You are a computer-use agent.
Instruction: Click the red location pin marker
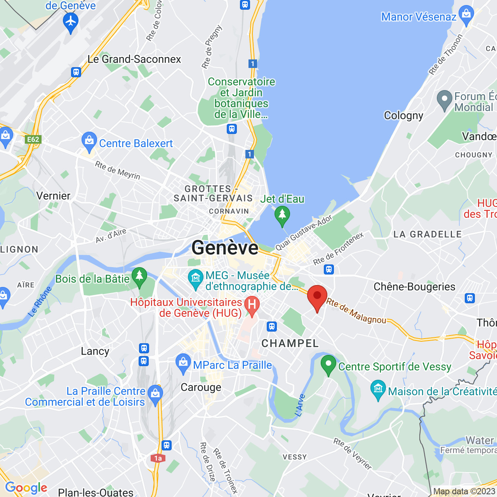click(317, 297)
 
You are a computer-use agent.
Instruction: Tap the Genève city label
click(225, 248)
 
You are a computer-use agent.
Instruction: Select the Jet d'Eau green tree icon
click(282, 215)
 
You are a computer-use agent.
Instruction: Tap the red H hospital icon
click(252, 305)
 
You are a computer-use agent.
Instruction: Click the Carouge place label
click(201, 388)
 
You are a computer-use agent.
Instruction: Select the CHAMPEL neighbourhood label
click(290, 343)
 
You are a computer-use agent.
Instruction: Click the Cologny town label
click(403, 116)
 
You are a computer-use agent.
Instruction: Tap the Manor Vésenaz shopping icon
click(466, 14)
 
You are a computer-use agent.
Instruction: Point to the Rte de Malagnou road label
click(356, 311)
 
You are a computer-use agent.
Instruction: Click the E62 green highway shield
click(33, 139)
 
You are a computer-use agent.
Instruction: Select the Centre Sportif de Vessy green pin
click(328, 364)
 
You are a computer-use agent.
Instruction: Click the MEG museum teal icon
click(195, 278)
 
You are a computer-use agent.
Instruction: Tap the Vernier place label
click(54, 196)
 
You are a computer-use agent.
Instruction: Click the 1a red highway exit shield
click(158, 458)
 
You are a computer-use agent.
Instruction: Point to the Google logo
click(26, 488)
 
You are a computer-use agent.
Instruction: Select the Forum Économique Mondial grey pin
click(445, 99)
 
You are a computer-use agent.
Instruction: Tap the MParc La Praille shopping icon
click(183, 363)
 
